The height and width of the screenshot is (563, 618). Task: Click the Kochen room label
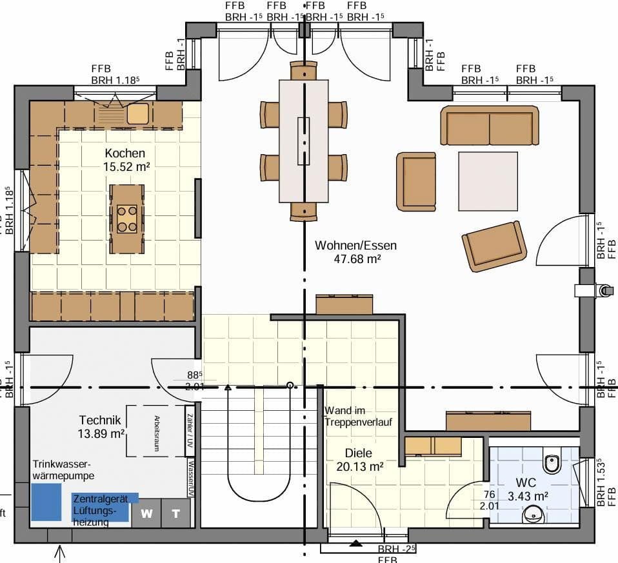[125, 153]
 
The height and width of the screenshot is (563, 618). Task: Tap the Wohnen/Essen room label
[355, 246]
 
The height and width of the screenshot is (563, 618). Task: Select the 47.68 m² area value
[355, 259]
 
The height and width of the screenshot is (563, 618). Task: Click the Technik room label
[101, 420]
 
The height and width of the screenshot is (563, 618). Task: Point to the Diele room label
[359, 453]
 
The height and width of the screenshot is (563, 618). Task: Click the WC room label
[526, 483]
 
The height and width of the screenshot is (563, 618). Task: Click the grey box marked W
[147, 513]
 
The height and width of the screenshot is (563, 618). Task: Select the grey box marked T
[176, 513]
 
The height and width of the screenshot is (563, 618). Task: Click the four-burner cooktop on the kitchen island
[127, 218]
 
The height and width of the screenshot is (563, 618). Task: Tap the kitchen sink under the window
[137, 114]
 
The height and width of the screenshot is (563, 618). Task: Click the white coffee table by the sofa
[488, 181]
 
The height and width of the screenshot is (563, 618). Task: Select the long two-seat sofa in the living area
[490, 126]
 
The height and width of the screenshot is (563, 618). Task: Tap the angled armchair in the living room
[494, 246]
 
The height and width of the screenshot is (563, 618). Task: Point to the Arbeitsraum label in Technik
[156, 431]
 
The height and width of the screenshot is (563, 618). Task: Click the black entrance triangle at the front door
[355, 543]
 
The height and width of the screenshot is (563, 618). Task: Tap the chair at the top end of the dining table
[304, 70]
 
